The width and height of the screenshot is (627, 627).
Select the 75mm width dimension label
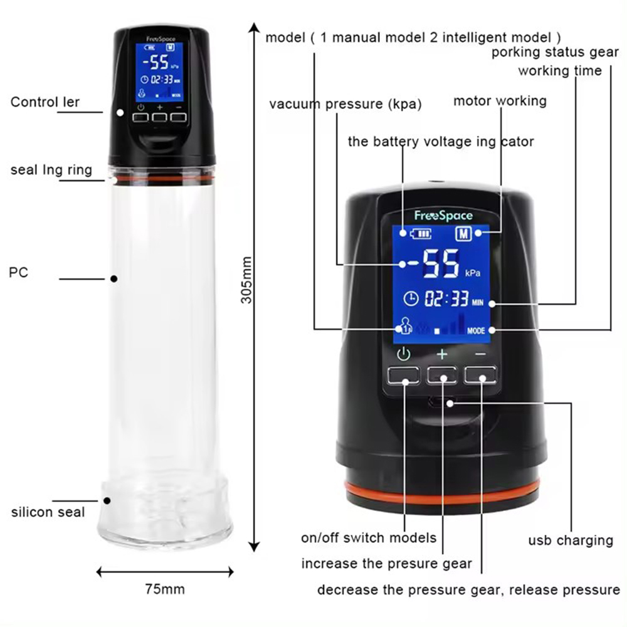pyautogui.click(x=165, y=589)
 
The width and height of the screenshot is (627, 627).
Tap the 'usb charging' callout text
pyautogui.click(x=570, y=540)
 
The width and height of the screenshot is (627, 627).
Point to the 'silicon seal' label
pyautogui.click(x=48, y=512)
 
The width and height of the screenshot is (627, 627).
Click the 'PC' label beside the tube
pyautogui.click(x=19, y=273)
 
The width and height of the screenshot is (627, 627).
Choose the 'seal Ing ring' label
pyautogui.click(x=51, y=170)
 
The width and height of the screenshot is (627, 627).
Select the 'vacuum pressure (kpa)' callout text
pyautogui.click(x=345, y=104)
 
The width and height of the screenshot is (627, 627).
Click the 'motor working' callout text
pyautogui.click(x=500, y=100)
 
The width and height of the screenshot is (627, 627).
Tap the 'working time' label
pyautogui.click(x=559, y=71)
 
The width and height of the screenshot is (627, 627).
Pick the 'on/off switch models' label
pyautogui.click(x=369, y=537)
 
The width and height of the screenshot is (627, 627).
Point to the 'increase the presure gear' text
pyautogui.click(x=386, y=564)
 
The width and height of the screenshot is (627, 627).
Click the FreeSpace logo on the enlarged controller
pyautogui.click(x=443, y=216)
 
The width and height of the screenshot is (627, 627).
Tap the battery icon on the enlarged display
pyautogui.click(x=421, y=234)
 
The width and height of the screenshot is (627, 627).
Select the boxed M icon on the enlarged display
pyautogui.click(x=463, y=233)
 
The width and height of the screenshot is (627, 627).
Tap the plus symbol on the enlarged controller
pyautogui.click(x=442, y=354)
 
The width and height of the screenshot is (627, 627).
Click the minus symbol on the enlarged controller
pyautogui.click(x=480, y=354)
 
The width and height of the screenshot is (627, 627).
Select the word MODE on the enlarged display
pyautogui.click(x=477, y=330)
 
